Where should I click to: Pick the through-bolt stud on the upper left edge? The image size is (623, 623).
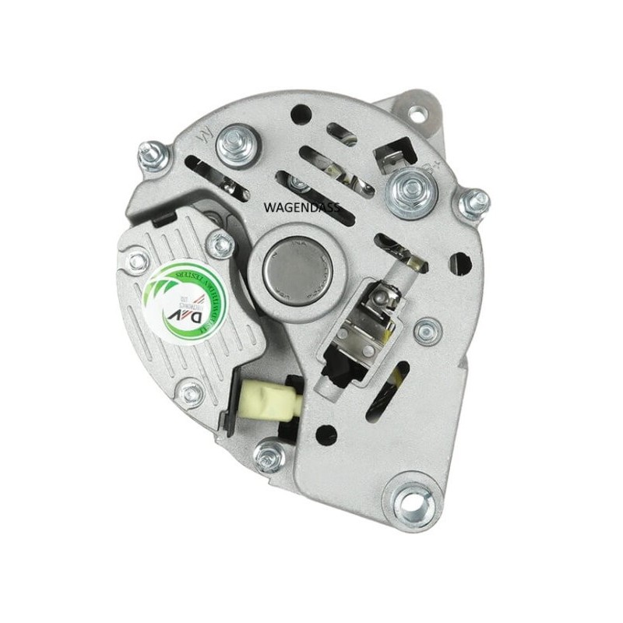click(153, 155)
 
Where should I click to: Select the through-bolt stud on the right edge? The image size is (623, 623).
click(472, 204)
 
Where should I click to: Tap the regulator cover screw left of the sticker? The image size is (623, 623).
click(137, 262)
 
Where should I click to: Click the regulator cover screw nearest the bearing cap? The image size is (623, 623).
click(222, 246)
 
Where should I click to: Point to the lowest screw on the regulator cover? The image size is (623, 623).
click(191, 389)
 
